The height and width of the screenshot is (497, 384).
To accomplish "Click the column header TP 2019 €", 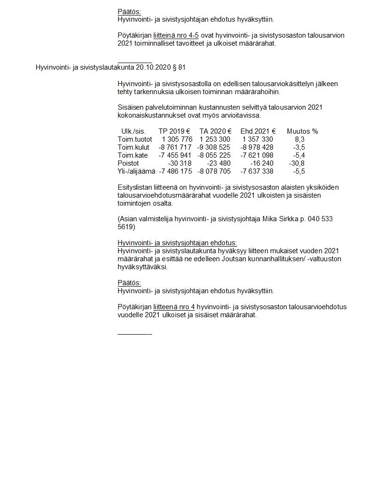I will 174,131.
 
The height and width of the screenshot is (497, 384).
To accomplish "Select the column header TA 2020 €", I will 215,131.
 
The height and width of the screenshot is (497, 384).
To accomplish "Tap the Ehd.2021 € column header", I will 258,131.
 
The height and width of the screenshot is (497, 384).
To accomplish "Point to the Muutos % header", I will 302,131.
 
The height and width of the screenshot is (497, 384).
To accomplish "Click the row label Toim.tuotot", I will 135,139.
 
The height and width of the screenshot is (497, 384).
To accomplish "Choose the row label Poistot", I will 128,163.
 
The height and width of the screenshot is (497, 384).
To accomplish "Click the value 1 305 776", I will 177,139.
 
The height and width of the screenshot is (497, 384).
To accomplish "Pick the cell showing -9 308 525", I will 214,147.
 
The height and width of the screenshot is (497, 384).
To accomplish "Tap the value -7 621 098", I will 257,155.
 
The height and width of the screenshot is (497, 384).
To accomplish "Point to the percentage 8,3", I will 300,139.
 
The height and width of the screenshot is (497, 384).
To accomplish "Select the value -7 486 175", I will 176,171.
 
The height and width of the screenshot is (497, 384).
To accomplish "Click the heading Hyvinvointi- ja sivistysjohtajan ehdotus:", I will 177,243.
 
